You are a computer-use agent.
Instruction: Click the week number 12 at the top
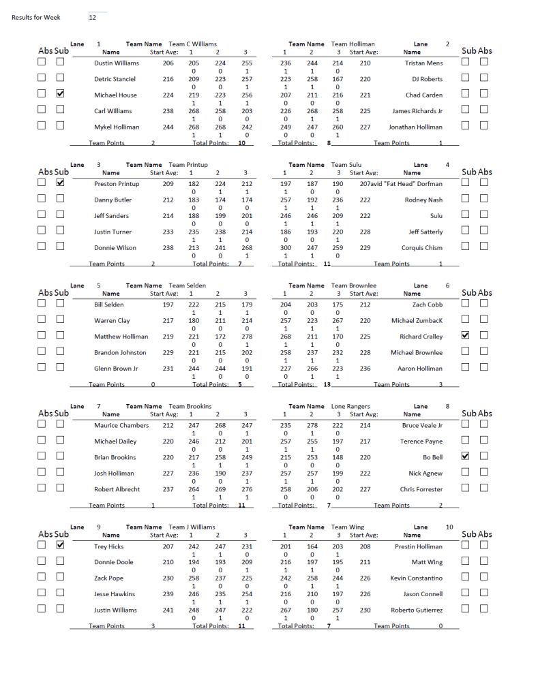[93, 18]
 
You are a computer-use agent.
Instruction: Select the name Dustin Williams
[116, 63]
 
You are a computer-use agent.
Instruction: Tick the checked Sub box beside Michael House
[60, 94]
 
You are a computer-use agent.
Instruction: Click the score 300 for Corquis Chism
[286, 248]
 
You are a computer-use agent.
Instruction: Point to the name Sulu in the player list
[436, 216]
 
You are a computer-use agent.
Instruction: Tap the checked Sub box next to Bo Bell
[466, 456]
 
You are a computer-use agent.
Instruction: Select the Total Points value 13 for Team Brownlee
[327, 384]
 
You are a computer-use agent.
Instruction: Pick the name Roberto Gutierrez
[417, 610]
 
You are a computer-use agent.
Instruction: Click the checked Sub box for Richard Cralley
[466, 336]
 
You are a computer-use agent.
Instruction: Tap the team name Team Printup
[188, 165]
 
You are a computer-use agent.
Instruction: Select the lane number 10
[449, 527]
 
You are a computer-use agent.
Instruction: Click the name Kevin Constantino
[416, 578]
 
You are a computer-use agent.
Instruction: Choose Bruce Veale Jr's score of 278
[312, 425]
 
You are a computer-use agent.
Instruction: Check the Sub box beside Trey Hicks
[60, 545]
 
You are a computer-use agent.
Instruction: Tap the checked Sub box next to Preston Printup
[60, 183]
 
